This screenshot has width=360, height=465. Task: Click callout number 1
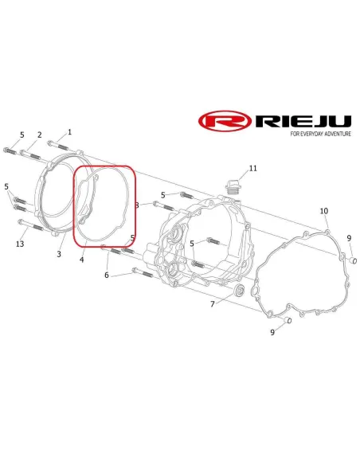pyautogui.click(x=69, y=132)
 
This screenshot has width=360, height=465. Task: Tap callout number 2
pyautogui.click(x=40, y=135)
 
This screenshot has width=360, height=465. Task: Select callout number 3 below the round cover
pyautogui.click(x=59, y=254)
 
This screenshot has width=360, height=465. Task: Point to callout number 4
pyautogui.click(x=81, y=260)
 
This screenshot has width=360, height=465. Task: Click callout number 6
pyautogui.click(x=107, y=275)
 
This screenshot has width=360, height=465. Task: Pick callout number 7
pyautogui.click(x=213, y=304)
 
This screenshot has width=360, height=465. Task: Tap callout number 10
pyautogui.click(x=324, y=211)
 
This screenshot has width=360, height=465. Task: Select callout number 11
pyautogui.click(x=253, y=169)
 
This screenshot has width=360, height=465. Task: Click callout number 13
pyautogui.click(x=20, y=244)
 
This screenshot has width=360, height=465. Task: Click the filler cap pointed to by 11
pyautogui.click(x=233, y=186)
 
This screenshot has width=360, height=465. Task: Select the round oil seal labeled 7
pyautogui.click(x=239, y=291)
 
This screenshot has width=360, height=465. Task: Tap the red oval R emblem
pyautogui.click(x=225, y=121)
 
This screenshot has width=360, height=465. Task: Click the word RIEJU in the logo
pyautogui.click(x=303, y=121)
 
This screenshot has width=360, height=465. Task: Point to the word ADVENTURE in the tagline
pyautogui.click(x=338, y=134)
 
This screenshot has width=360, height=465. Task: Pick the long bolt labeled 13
pyautogui.click(x=31, y=225)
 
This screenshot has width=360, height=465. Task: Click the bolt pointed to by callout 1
pyautogui.click(x=58, y=146)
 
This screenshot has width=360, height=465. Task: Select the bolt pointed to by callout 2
pyautogui.click(x=30, y=154)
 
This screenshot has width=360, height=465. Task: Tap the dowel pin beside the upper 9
pyautogui.click(x=353, y=260)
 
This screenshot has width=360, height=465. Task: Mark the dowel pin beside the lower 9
pyautogui.click(x=288, y=320)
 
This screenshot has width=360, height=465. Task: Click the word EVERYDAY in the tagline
pyautogui.click(x=311, y=134)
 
